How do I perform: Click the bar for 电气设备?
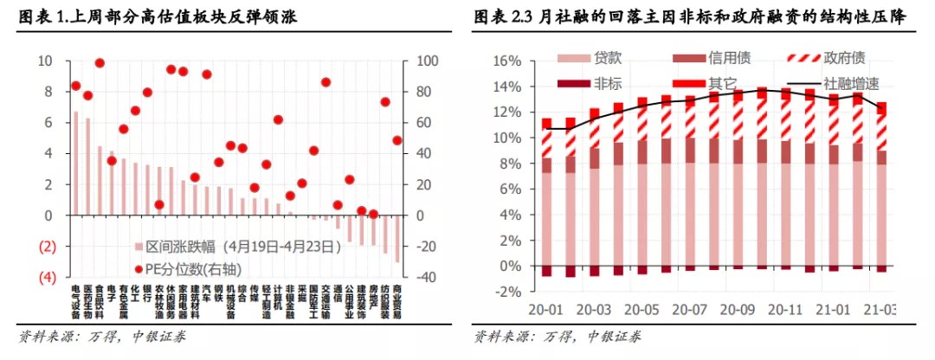click(x=75, y=163)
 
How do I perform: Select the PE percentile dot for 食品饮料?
click(x=100, y=63)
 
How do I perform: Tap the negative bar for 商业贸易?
click(x=397, y=238)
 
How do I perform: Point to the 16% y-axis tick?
click(x=506, y=61)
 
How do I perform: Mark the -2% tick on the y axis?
click(x=506, y=292)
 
